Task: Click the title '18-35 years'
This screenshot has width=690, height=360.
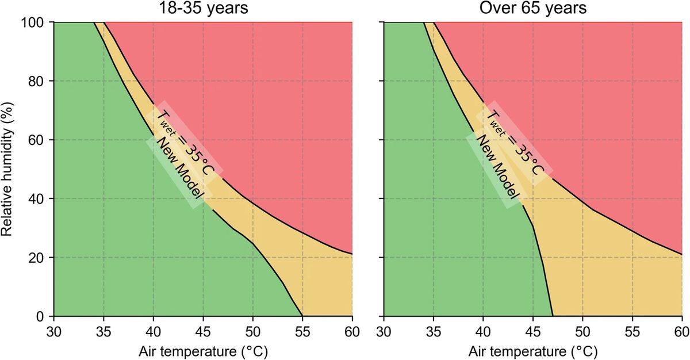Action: coord(203,9)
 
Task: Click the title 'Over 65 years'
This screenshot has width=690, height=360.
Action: coord(532,9)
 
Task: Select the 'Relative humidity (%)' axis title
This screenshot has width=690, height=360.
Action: coord(8,169)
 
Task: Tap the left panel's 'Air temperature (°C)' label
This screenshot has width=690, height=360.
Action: coord(203,350)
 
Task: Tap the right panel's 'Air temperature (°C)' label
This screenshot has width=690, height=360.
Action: coord(532,350)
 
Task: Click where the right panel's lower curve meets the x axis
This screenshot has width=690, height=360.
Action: coord(553,316)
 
